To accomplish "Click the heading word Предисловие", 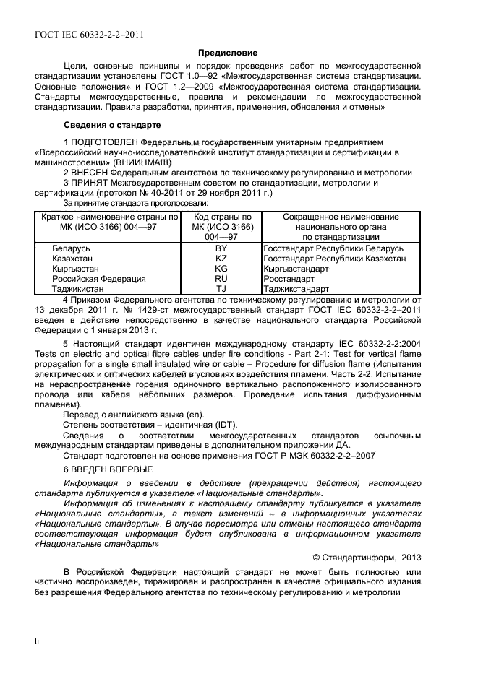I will pos(228,53).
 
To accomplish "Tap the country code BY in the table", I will pos(221,248).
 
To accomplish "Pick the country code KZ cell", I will pos(221,259).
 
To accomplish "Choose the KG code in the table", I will pos(221,268).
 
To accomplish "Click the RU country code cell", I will pos(221,278).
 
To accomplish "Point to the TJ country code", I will pos(221,287).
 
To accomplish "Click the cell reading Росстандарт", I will pos(289,278).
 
